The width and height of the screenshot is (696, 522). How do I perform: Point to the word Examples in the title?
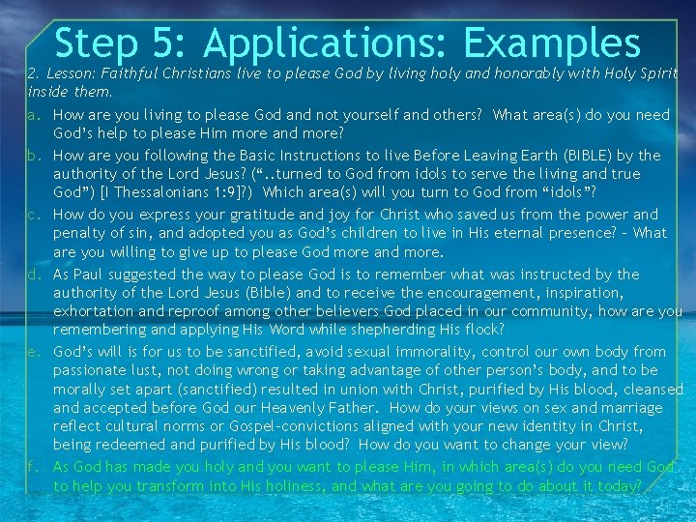point(551,43)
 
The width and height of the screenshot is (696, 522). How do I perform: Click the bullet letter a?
point(33,115)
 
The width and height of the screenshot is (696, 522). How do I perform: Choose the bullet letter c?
point(33,215)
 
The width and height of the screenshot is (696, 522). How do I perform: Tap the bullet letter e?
point(33,352)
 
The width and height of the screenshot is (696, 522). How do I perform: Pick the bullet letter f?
point(33,466)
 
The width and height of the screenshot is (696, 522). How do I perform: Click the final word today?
point(617,485)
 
